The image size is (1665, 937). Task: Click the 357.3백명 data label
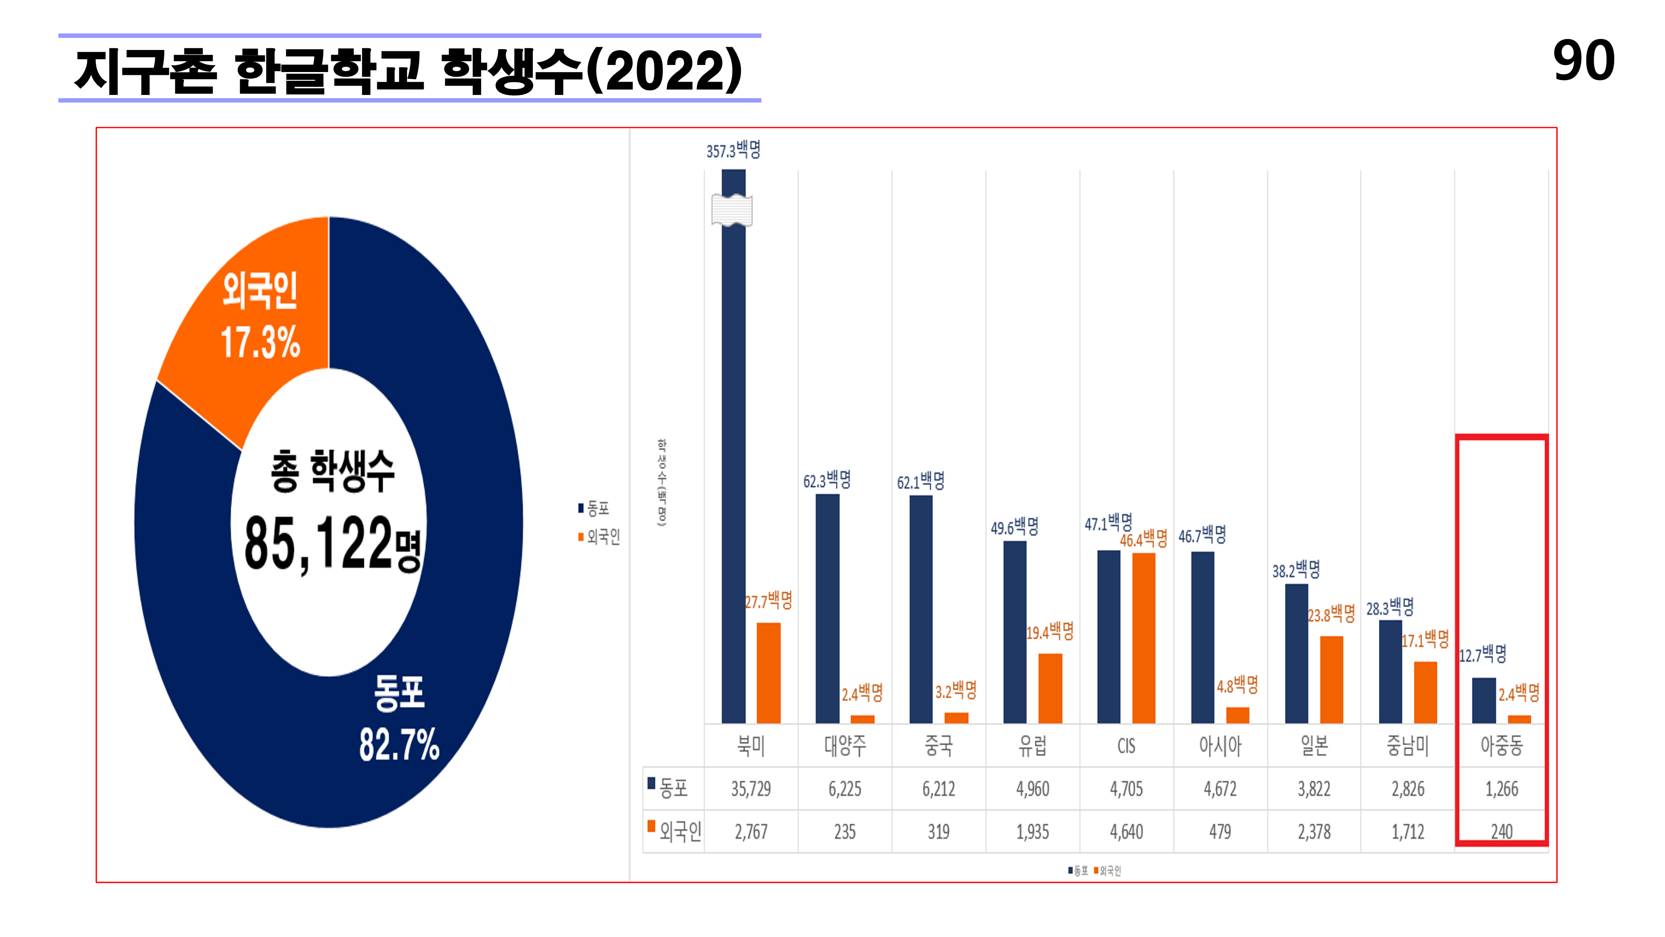point(733,151)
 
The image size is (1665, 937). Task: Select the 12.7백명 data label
point(1483,654)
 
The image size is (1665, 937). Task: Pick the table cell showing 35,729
point(751,789)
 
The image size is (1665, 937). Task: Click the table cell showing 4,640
point(1126,832)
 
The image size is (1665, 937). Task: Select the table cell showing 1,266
point(1501,789)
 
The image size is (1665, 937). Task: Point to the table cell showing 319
point(939,832)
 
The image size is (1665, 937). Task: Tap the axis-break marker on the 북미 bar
point(732,211)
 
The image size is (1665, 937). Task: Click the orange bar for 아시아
point(1237,715)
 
